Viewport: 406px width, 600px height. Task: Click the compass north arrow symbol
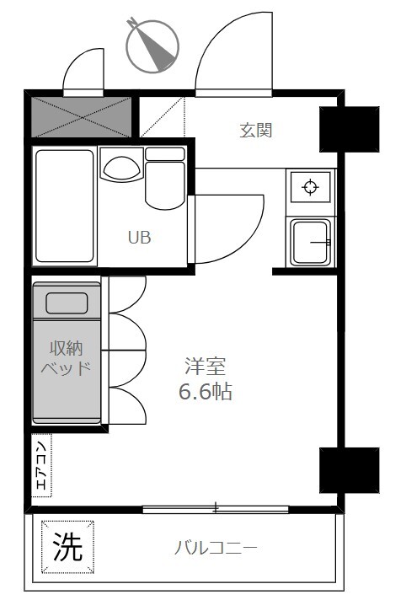[153, 44]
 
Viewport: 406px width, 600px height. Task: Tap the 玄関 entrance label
[256, 131]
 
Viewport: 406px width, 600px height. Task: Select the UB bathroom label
[139, 238]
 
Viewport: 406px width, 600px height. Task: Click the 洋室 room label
[206, 367]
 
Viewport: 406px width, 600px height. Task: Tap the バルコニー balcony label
[216, 549]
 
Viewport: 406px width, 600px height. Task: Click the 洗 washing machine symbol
[68, 548]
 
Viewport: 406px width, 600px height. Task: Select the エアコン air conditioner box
[42, 463]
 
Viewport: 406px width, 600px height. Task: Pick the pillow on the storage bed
[67, 303]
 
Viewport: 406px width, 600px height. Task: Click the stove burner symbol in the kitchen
[310, 187]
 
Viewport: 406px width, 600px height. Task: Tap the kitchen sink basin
[310, 242]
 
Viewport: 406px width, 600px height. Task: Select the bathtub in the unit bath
[64, 205]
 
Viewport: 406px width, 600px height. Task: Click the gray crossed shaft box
[83, 116]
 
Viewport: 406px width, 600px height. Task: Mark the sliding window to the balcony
[216, 508]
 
